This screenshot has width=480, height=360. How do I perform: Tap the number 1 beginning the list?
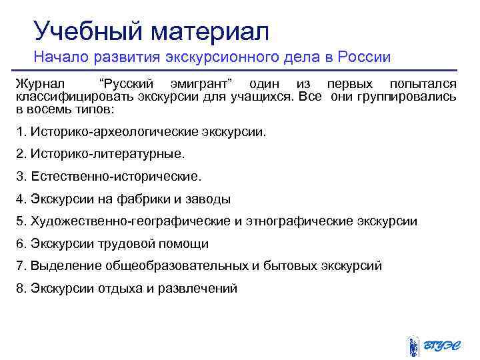19,131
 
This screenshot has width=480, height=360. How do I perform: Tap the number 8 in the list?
19,288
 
